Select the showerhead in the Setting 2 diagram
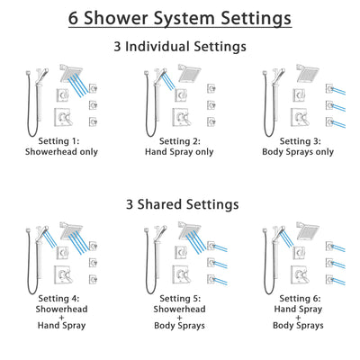(x=189, y=73)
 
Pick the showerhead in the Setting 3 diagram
(x=307, y=73)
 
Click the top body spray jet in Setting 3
(x=329, y=87)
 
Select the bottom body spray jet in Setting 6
(x=329, y=278)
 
